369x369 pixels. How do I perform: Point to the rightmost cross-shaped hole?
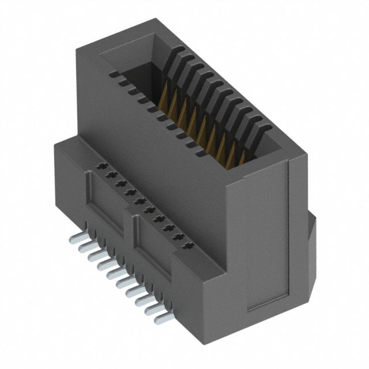point(186,247)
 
